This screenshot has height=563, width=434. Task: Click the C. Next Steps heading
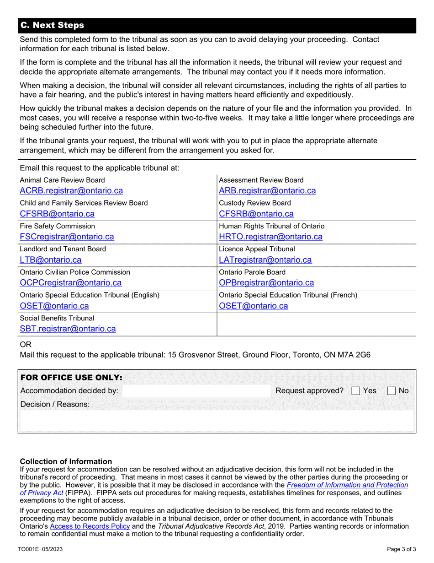[x=53, y=25]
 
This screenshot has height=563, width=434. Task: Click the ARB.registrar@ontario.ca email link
[x=267, y=191]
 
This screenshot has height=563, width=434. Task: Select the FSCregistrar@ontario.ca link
[x=67, y=237]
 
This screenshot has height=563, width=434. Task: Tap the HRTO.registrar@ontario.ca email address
[x=271, y=237]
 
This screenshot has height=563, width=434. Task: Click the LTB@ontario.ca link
[x=50, y=260]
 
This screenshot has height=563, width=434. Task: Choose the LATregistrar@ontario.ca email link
[x=265, y=260]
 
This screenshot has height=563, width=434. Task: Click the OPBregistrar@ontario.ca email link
[x=266, y=283]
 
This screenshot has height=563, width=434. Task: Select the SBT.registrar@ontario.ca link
[x=68, y=329]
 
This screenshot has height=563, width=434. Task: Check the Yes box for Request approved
[x=355, y=391]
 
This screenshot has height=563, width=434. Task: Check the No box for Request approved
[x=391, y=391]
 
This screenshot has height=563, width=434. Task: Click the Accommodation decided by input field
[x=196, y=391]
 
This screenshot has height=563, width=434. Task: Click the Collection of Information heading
[x=66, y=461]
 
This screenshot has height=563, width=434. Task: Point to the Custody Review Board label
[x=255, y=203]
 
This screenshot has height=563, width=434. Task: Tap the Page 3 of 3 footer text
[x=401, y=549]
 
